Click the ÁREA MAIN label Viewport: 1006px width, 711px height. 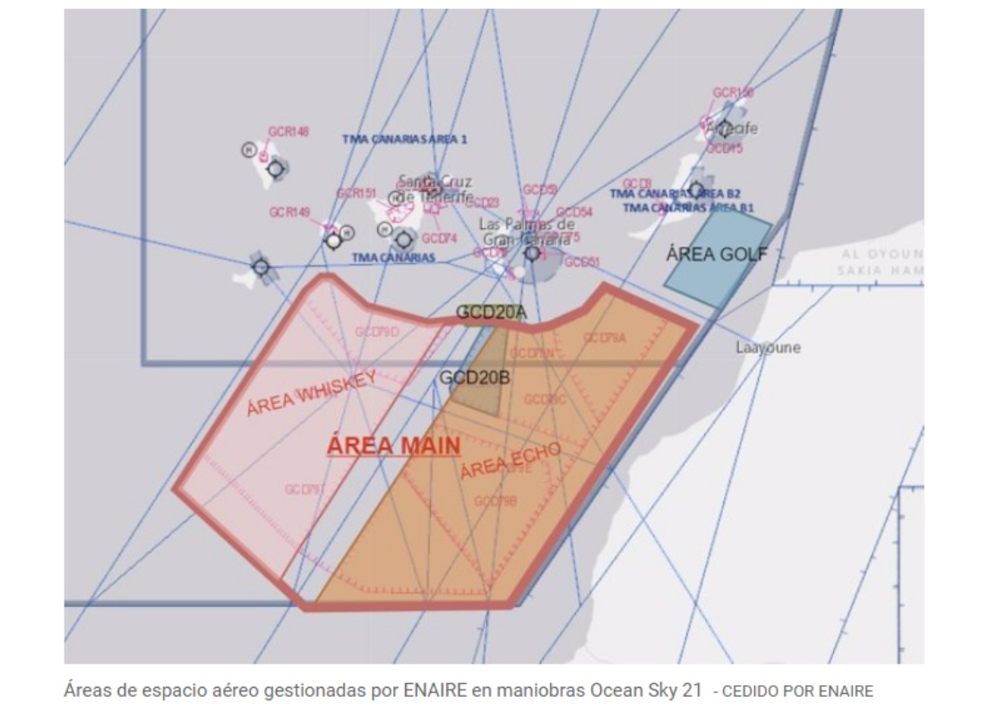[394, 445]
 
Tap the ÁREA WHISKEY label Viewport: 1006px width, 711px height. [311, 394]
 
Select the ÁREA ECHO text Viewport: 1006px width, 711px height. [511, 459]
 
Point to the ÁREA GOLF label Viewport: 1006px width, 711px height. [717, 254]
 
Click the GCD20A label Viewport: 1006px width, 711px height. [491, 312]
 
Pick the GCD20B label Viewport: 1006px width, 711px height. [474, 378]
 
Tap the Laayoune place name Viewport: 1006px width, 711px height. [768, 347]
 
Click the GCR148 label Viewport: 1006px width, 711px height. [288, 132]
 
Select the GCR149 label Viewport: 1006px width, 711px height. [289, 212]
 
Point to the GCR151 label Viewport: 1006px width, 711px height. [356, 193]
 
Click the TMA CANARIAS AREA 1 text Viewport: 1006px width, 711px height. [404, 140]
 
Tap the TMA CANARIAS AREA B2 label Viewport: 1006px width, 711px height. [675, 193]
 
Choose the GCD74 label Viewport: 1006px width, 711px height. [439, 238]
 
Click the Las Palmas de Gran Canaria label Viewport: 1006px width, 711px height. [526, 232]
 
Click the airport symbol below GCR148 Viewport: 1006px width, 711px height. [275, 167]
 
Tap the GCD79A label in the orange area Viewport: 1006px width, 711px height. [605, 338]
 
